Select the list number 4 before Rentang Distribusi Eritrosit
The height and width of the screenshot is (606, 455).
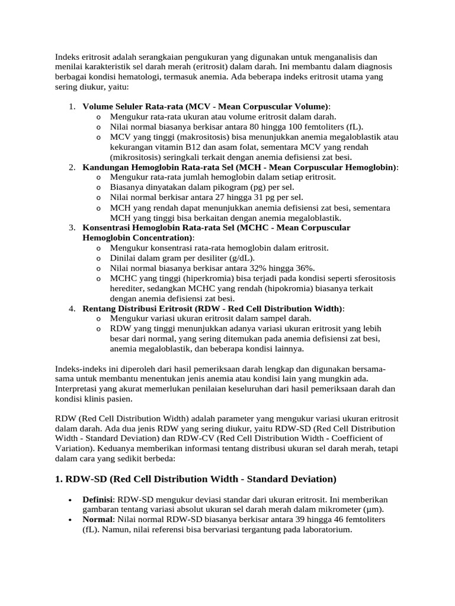pyautogui.click(x=71, y=308)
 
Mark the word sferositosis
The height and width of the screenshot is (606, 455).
pyautogui.click(x=366, y=278)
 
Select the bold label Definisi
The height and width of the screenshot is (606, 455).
pyautogui.click(x=98, y=499)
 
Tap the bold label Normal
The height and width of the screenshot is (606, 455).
pyautogui.click(x=97, y=520)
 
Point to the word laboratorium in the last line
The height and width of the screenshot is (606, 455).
pyautogui.click(x=325, y=530)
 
